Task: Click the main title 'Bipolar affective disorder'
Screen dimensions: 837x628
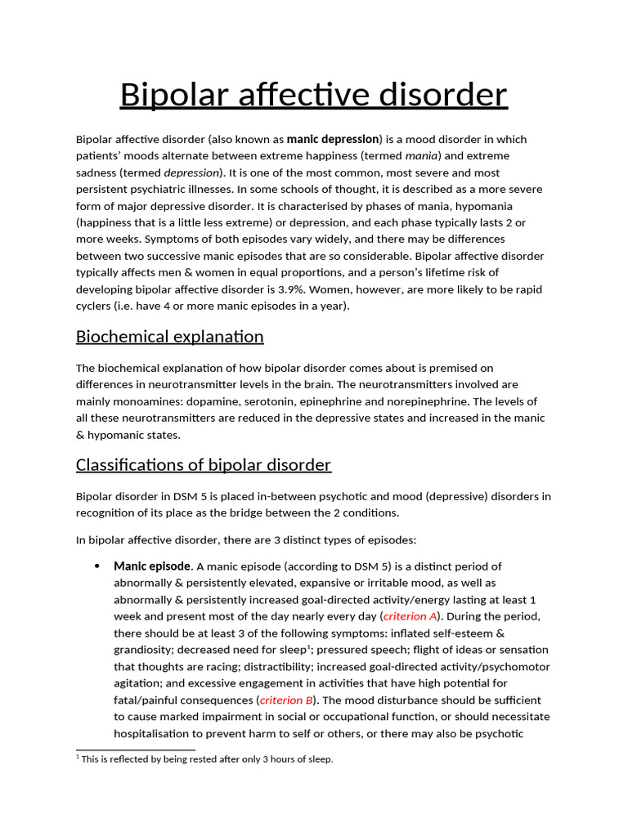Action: (x=313, y=95)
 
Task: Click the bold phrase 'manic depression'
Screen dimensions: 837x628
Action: (x=333, y=139)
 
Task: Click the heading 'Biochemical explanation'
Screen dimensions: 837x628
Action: (x=169, y=337)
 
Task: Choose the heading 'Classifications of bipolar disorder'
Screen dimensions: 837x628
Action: (x=203, y=465)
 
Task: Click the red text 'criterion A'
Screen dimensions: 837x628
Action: (x=412, y=616)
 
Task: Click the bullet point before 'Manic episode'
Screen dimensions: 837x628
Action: (x=97, y=566)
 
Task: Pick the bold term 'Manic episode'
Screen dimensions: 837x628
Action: (x=152, y=566)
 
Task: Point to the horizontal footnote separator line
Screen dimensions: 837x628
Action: (x=135, y=750)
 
